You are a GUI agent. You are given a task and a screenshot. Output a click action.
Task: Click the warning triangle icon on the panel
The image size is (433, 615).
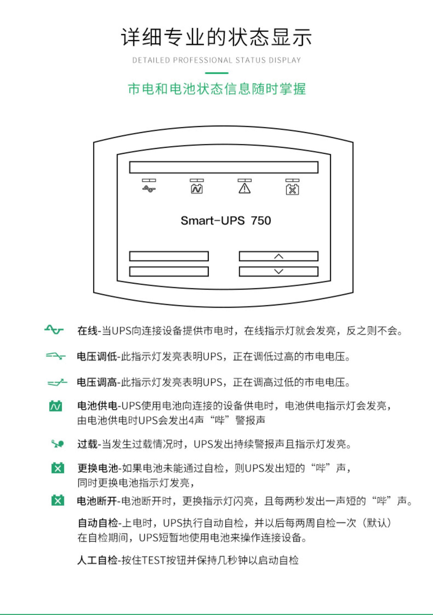point(245,188)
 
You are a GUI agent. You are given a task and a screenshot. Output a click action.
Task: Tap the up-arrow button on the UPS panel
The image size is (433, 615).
point(279,256)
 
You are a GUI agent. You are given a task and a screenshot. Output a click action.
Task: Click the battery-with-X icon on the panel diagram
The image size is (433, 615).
point(292,190)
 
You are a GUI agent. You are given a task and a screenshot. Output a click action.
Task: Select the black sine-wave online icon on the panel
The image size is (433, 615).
point(149,189)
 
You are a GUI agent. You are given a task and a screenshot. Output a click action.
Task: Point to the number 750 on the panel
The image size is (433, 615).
point(261,221)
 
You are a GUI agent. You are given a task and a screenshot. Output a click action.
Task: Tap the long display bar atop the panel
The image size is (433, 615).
point(224,167)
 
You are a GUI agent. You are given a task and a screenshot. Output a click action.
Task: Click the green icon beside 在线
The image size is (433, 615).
point(54,330)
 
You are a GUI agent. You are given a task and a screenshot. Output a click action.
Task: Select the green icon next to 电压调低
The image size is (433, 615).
point(55,356)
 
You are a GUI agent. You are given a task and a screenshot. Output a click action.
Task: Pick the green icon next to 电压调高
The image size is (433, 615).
point(57,383)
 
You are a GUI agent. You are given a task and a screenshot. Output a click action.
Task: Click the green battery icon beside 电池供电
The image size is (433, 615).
point(55,406)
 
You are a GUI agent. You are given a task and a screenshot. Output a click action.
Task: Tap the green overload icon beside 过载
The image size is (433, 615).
point(57,444)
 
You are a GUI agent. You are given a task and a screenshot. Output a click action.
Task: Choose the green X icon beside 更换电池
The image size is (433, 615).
point(58,468)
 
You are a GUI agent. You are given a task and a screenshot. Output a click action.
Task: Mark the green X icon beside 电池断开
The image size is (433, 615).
point(58,500)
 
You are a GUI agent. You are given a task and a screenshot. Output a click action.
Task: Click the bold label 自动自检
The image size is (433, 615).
point(98,523)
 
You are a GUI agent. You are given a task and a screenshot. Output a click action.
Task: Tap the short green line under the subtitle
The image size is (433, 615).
point(216,73)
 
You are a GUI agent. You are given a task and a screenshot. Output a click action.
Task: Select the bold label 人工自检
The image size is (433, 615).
point(97,560)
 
